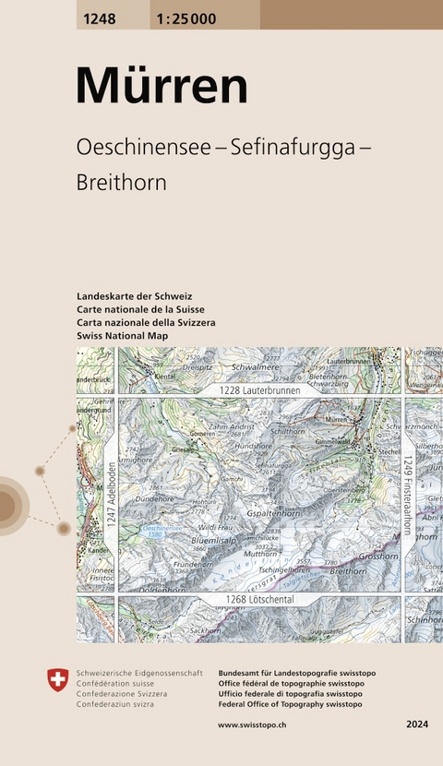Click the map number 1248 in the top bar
pyautogui.click(x=98, y=14)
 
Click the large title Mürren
pyautogui.click(x=162, y=88)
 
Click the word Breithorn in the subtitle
pyautogui.click(x=122, y=183)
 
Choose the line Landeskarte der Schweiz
pyautogui.click(x=135, y=295)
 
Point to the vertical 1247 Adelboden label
pyautogui.click(x=110, y=496)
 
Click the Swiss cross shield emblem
pyautogui.click(x=57, y=681)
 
